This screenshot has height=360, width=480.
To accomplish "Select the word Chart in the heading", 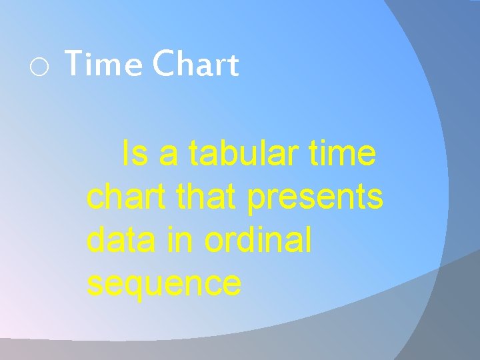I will [x=195, y=65].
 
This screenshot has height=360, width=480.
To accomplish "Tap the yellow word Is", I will [x=135, y=155].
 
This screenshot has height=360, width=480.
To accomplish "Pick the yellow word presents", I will [x=315, y=199].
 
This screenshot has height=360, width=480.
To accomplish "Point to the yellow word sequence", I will [x=164, y=284].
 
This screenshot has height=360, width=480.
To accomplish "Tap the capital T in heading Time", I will [x=75, y=65].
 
